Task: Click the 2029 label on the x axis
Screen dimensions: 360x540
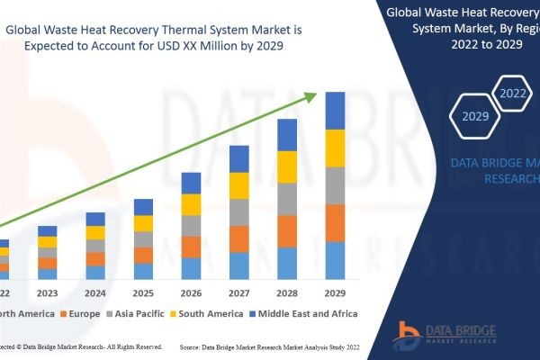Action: (x=335, y=292)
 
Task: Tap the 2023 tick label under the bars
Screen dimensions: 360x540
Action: (x=47, y=292)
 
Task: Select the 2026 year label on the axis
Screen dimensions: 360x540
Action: (x=191, y=292)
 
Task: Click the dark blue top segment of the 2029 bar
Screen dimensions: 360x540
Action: (x=335, y=111)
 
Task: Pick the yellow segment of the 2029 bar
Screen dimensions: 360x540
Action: (x=335, y=148)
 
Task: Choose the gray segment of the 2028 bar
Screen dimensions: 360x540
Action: (x=287, y=199)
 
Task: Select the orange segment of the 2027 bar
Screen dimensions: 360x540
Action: (x=239, y=238)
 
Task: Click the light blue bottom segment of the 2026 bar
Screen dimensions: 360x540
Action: (x=191, y=268)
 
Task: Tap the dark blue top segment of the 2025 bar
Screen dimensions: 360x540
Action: (x=143, y=207)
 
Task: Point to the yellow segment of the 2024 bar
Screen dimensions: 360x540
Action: (x=95, y=232)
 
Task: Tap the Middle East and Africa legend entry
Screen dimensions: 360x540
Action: (x=305, y=313)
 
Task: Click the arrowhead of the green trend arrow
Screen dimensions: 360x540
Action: (x=314, y=94)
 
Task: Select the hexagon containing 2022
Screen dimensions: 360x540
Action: (x=513, y=94)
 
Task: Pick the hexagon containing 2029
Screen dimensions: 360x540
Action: (x=475, y=116)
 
